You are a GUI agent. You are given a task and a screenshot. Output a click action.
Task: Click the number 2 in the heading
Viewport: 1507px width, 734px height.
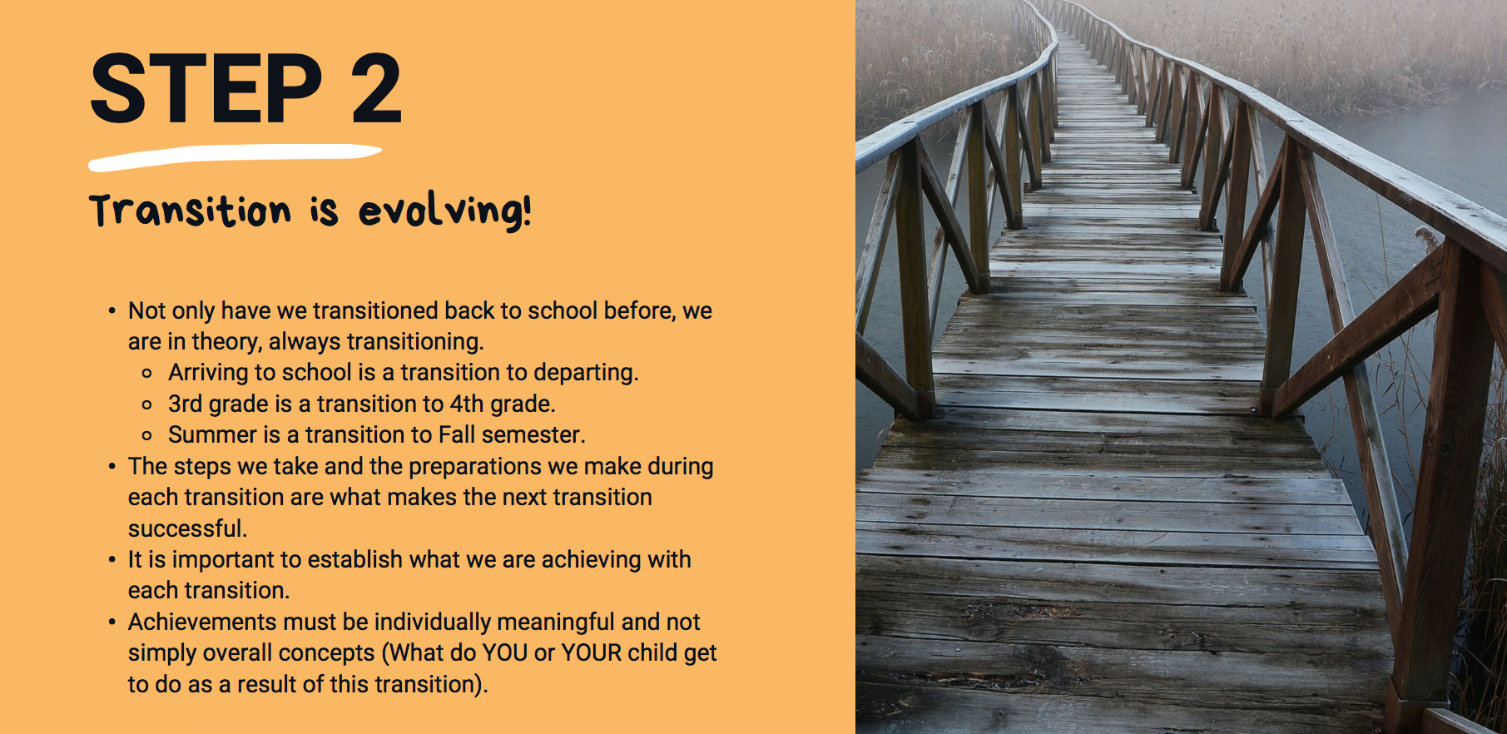pos(376,89)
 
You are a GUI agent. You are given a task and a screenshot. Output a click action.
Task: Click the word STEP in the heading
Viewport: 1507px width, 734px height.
pos(206,89)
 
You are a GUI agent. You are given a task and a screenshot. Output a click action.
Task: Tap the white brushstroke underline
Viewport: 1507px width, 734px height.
pos(235,156)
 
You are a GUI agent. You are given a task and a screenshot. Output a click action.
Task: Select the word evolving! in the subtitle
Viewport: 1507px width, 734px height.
pos(444,211)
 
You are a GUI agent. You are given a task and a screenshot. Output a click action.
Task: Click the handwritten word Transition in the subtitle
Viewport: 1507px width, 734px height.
pos(191,211)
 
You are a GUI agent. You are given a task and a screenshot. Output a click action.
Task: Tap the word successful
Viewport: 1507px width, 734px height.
pos(187,528)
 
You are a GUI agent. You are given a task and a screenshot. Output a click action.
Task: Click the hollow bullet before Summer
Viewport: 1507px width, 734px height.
pos(147,436)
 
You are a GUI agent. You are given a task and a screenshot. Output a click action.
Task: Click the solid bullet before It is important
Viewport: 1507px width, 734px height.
pos(112,560)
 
